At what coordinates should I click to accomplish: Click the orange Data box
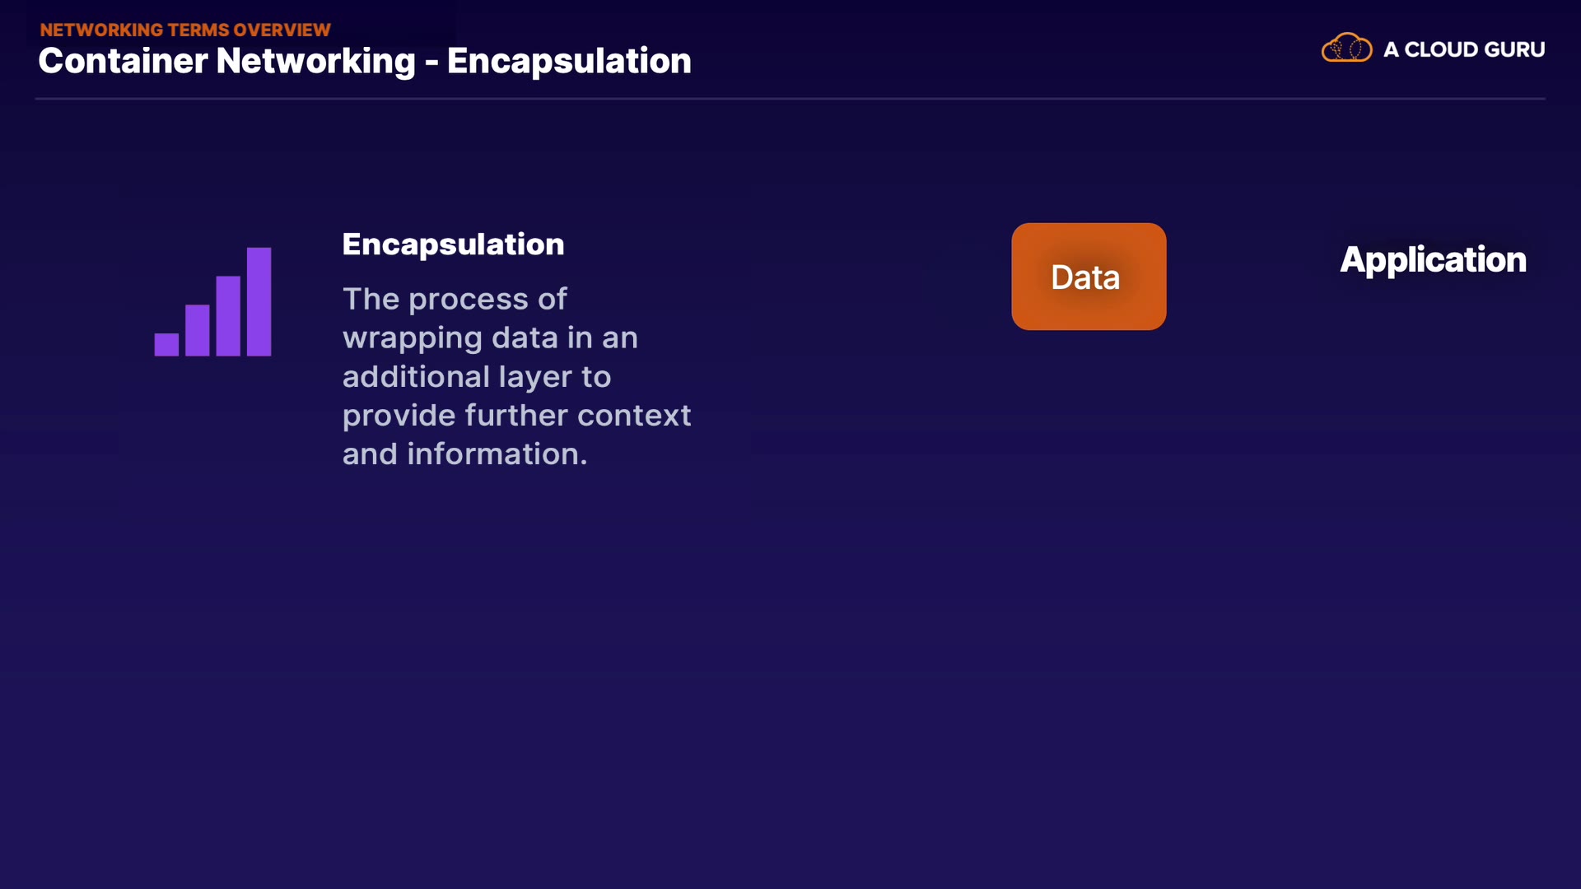click(1089, 277)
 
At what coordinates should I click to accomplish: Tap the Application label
click(1433, 260)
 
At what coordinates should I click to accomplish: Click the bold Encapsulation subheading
click(453, 244)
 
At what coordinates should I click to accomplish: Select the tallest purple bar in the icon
click(259, 301)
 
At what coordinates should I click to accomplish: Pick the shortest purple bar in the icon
click(166, 344)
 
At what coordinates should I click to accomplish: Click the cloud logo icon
click(1346, 49)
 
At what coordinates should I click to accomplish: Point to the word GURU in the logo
click(1514, 49)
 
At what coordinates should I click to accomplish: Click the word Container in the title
click(123, 61)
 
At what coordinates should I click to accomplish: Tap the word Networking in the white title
click(315, 62)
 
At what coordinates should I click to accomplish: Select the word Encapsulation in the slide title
click(569, 62)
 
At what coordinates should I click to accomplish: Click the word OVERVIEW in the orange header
click(282, 30)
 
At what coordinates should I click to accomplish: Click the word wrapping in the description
click(413, 338)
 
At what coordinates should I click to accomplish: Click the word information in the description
click(497, 454)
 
